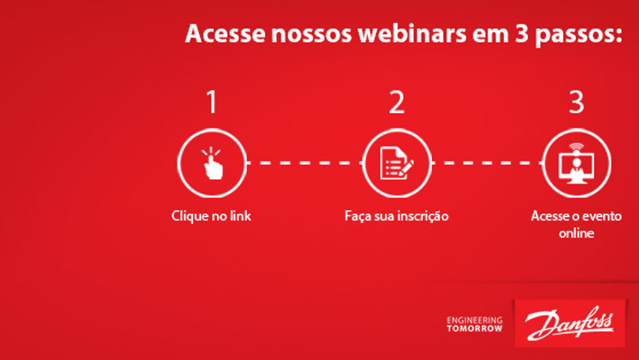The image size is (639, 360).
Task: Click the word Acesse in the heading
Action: [226, 33]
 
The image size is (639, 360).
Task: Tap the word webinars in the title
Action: [412, 33]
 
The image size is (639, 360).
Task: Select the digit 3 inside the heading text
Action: [521, 34]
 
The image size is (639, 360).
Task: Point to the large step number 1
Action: [212, 102]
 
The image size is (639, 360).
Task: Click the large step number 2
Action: [397, 102]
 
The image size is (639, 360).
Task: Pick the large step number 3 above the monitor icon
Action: [576, 102]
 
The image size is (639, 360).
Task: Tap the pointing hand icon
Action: [212, 163]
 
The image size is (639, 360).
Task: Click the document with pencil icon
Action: [397, 163]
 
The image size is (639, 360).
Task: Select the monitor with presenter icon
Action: [576, 163]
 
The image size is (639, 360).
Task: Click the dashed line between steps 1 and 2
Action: [305, 163]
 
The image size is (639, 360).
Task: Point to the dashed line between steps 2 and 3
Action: [487, 163]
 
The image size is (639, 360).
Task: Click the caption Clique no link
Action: [211, 216]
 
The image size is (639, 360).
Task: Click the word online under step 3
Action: [576, 233]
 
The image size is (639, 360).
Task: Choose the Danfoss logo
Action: [570, 324]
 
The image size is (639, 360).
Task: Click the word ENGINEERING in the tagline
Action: [475, 320]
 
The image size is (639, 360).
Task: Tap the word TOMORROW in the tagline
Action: [475, 328]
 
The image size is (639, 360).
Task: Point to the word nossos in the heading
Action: [312, 34]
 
